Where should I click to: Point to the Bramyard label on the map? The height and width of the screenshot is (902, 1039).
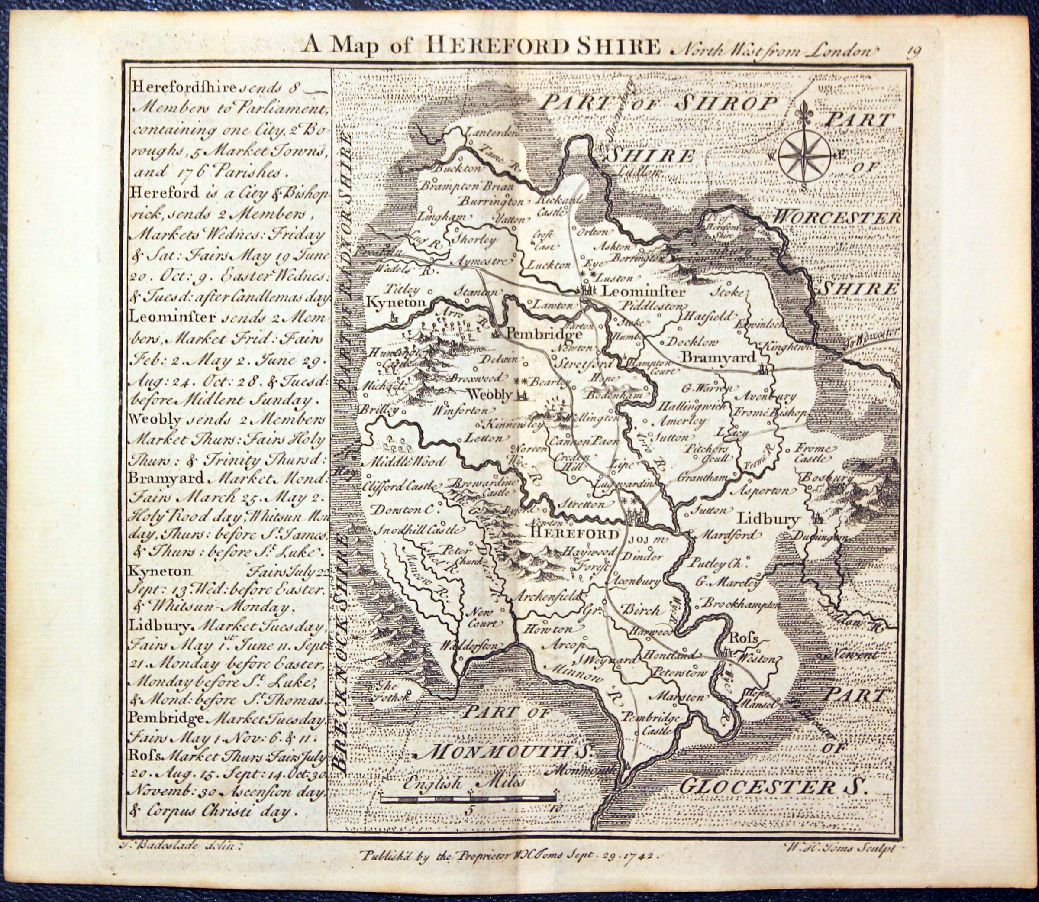pyautogui.click(x=719, y=357)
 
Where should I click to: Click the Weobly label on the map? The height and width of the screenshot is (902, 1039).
pyautogui.click(x=489, y=394)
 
